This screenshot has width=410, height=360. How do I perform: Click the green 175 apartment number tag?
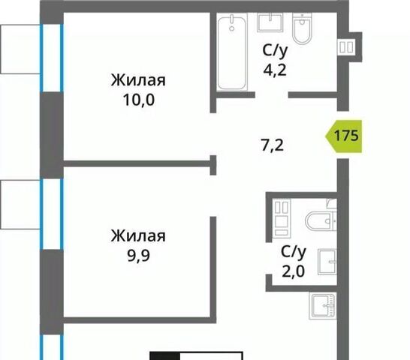point(344,136)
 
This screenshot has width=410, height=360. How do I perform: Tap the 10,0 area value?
point(139,100)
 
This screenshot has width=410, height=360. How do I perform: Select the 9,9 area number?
point(139,256)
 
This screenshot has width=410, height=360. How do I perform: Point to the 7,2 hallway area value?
point(273,145)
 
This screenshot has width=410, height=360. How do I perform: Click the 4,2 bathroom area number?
point(275,70)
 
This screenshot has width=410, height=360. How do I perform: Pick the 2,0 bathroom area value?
point(294,271)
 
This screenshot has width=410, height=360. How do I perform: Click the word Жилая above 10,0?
point(138,80)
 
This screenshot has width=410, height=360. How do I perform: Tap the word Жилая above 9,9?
point(138,235)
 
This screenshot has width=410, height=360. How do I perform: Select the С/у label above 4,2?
point(275,51)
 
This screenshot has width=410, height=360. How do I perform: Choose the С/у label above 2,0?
point(294,252)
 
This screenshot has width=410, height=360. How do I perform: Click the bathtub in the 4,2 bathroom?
point(232,52)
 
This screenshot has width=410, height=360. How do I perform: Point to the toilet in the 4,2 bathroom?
point(303,28)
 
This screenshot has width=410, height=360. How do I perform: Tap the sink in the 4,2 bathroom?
point(270,22)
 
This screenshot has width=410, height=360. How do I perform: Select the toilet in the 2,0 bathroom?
point(321,221)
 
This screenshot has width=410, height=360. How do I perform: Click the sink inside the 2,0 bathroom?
point(327,262)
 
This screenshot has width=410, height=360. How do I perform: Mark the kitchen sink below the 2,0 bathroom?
point(323,306)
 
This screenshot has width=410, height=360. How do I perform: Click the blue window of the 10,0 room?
point(52,58)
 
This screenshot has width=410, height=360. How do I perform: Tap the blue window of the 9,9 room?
point(52,214)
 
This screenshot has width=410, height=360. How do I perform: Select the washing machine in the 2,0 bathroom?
point(282,218)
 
